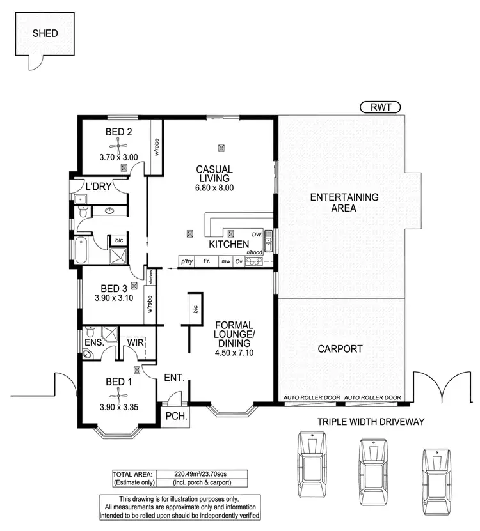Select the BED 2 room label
pyautogui.click(x=118, y=133)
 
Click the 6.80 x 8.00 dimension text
pyautogui.click(x=214, y=189)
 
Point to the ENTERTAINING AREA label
pyautogui.click(x=344, y=203)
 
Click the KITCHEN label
pyautogui.click(x=228, y=245)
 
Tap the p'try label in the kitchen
pyautogui.click(x=187, y=261)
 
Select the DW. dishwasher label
pyautogui.click(x=257, y=234)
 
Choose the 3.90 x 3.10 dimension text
pyautogui.click(x=114, y=297)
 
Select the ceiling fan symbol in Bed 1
pyautogui.click(x=136, y=369)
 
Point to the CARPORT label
pyautogui.click(x=339, y=350)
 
